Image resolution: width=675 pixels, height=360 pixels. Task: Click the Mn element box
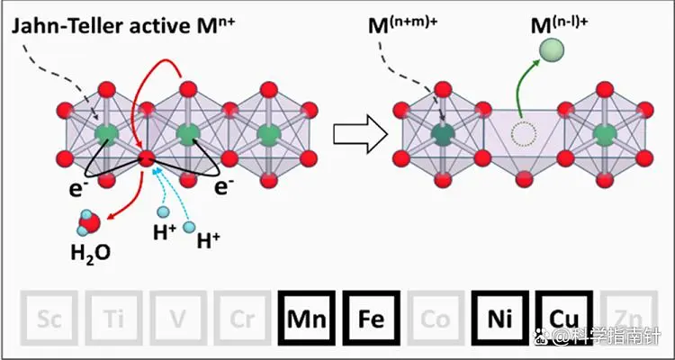(306, 318)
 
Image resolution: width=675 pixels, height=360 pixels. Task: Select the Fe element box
(371, 318)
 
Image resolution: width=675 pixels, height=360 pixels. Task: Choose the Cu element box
(564, 318)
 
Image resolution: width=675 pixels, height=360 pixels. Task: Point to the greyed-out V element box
(176, 318)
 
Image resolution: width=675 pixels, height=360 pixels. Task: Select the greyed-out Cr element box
(241, 318)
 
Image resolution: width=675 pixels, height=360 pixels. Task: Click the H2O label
(90, 253)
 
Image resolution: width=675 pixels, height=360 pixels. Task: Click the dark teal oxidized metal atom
(442, 135)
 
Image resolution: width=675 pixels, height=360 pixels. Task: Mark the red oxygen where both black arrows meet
(146, 160)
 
